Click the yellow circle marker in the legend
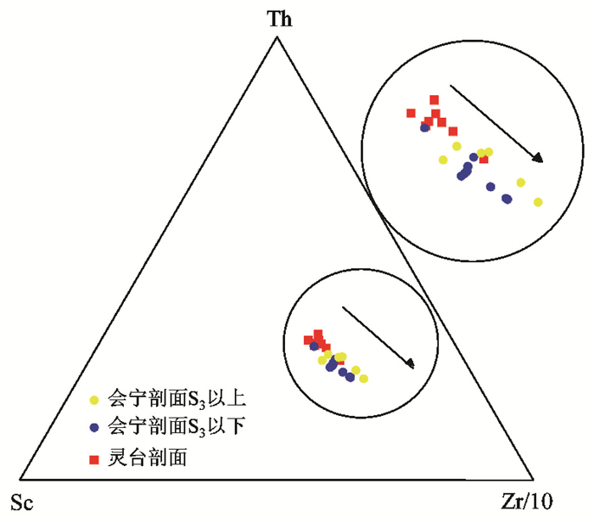[x=95, y=397]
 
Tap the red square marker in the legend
[x=95, y=459]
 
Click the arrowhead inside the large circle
[x=537, y=157]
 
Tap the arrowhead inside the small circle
[x=411, y=364]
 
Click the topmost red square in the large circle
[x=434, y=100]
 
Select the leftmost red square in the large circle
[x=411, y=113]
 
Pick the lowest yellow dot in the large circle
[x=537, y=202]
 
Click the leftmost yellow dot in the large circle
[x=442, y=160]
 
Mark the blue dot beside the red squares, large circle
[x=424, y=128]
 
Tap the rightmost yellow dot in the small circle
[x=363, y=379]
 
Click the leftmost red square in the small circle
[x=309, y=340]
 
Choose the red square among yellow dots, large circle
[x=484, y=159]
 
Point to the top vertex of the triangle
[x=276, y=37]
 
